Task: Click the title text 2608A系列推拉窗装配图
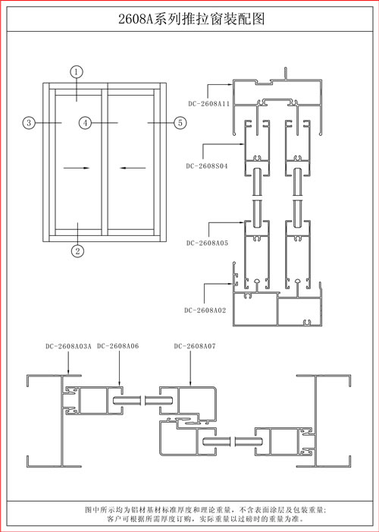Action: pos(191,19)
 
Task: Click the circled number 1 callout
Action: pos(77,72)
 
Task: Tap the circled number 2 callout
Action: pos(77,251)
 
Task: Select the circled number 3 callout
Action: pos(29,122)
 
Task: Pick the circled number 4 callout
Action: pos(86,122)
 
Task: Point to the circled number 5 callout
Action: pos(180,122)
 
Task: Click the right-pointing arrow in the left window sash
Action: pos(77,168)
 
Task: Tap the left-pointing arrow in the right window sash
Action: pos(133,168)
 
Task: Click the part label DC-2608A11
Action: pos(209,104)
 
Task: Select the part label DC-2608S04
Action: pos(207,166)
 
